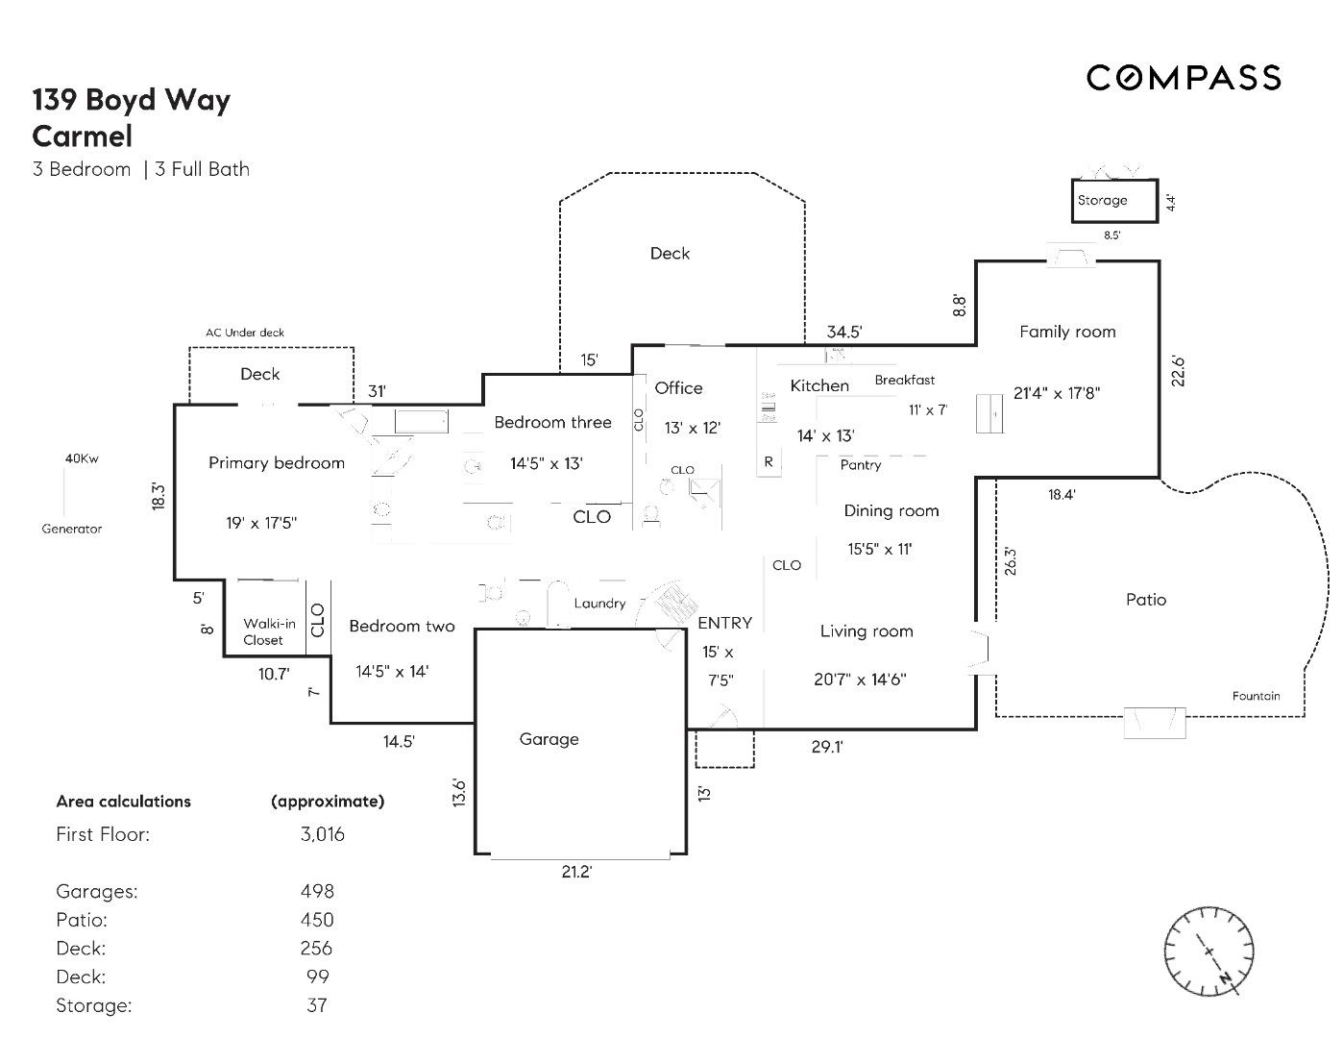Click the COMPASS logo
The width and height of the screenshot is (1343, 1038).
[x=1184, y=78]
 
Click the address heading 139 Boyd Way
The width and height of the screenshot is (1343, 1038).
[x=132, y=100]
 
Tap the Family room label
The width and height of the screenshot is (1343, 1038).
[x=1067, y=332]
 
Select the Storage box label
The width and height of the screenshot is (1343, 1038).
[x=1102, y=200]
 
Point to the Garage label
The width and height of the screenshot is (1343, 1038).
[x=549, y=739]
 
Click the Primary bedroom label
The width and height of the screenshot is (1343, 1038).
[x=277, y=463]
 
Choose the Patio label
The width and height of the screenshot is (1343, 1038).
[x=1145, y=600]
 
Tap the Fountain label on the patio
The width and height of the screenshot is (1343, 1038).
[x=1256, y=696]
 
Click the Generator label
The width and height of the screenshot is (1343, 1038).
[x=72, y=529]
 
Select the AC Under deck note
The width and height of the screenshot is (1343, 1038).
[x=245, y=333]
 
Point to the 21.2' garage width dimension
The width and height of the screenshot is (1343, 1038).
[x=576, y=872]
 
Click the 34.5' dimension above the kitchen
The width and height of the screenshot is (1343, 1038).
[x=844, y=333]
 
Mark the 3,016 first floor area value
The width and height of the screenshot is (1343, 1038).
[x=322, y=834]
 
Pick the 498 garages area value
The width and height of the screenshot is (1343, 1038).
[x=317, y=891]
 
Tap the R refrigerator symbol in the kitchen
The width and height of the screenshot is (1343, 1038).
[x=769, y=462]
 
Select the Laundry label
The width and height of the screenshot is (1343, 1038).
[x=599, y=604]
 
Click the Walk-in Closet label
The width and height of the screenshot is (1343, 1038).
[x=268, y=631]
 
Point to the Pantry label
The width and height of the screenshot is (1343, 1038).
[x=860, y=465]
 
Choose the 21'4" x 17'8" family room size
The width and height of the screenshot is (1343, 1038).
[x=1057, y=393]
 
